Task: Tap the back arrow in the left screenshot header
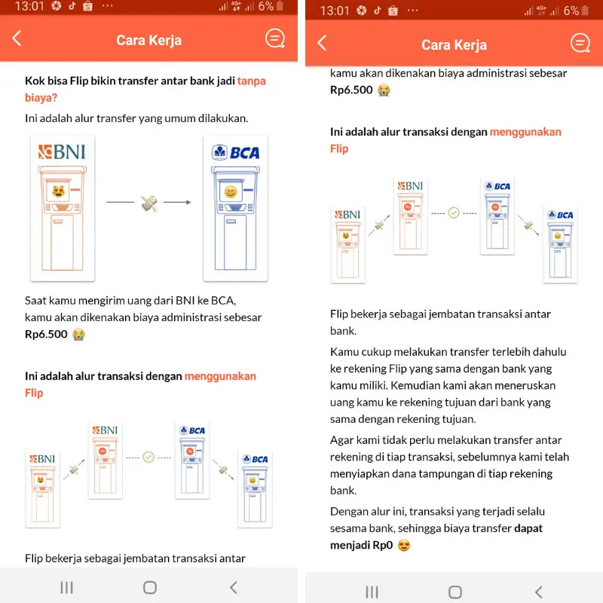[17, 39]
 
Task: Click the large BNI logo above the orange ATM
[62, 152]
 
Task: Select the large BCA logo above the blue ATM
[236, 152]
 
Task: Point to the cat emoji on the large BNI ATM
[60, 191]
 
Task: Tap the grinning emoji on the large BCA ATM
[231, 192]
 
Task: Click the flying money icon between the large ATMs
[148, 203]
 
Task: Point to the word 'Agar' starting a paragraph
[343, 440]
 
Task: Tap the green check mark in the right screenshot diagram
[454, 213]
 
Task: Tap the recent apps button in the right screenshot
[372, 591]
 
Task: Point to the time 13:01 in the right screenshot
[335, 11]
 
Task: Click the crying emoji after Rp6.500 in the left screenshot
[78, 335]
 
